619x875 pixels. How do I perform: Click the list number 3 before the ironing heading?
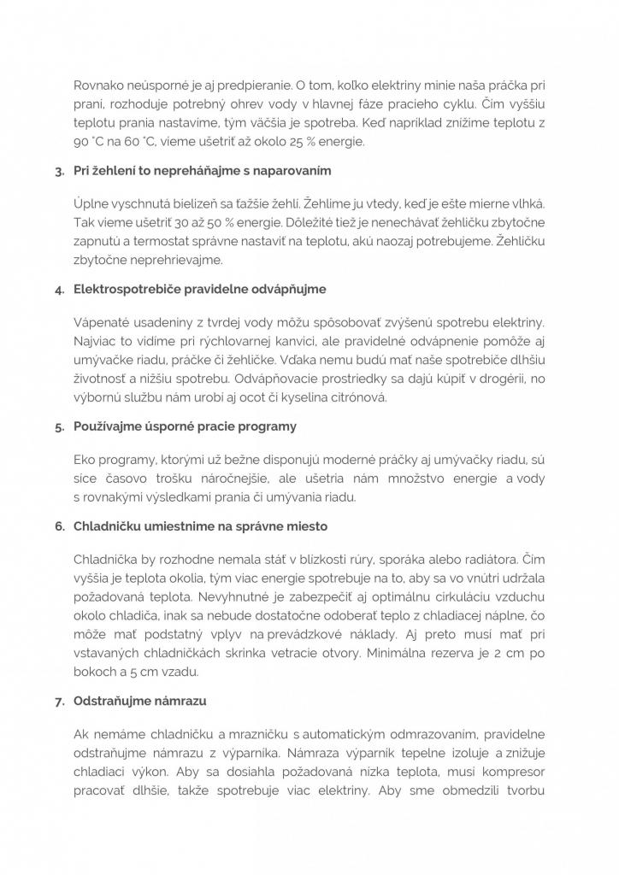pyautogui.click(x=59, y=171)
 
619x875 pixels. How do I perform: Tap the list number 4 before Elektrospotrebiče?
pyautogui.click(x=59, y=289)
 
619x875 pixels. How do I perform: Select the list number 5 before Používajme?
pyautogui.click(x=59, y=426)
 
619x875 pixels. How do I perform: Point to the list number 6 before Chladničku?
pyautogui.click(x=59, y=526)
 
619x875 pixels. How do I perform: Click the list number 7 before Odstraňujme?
pyautogui.click(x=59, y=702)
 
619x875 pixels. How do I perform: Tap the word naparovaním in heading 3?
pyautogui.click(x=287, y=171)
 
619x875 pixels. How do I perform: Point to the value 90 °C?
pyautogui.click(x=90, y=141)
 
